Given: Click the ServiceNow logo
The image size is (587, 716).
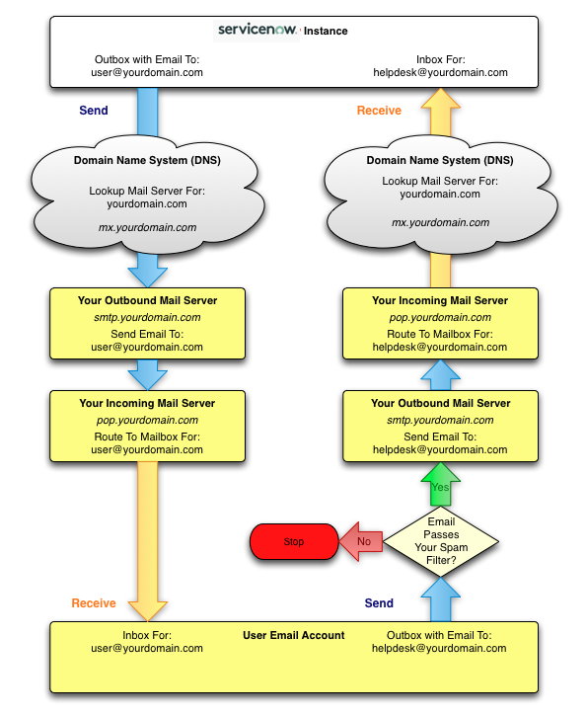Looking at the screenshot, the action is pyautogui.click(x=257, y=31).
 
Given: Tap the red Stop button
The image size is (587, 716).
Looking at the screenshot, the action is pyautogui.click(x=294, y=541).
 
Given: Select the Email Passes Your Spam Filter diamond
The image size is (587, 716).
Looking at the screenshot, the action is pyautogui.click(x=441, y=541).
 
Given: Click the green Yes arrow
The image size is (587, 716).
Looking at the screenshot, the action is pyautogui.click(x=441, y=484).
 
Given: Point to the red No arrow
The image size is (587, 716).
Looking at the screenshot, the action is pyautogui.click(x=361, y=541).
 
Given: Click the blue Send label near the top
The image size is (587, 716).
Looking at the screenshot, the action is pyautogui.click(x=94, y=111).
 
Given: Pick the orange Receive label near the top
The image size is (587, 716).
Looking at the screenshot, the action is pyautogui.click(x=379, y=111).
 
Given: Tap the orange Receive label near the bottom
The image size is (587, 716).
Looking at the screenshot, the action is pyautogui.click(x=94, y=603).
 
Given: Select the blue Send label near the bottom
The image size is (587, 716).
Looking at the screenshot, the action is pyautogui.click(x=379, y=603).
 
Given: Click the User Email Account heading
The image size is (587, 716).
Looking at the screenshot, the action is pyautogui.click(x=294, y=635).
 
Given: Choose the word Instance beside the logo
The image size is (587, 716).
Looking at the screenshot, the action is pyautogui.click(x=326, y=31).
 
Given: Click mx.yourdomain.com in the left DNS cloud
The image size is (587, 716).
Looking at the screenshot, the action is pyautogui.click(x=147, y=227).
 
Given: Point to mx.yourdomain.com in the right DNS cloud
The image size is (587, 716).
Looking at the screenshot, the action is pyautogui.click(x=441, y=222).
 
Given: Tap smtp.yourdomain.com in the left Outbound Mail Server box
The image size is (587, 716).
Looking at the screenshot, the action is pyautogui.click(x=147, y=317).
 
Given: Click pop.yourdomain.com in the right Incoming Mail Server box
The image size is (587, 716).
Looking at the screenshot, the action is pyautogui.click(x=440, y=317).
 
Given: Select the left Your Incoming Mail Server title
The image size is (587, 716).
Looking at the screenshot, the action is pyautogui.click(x=147, y=403).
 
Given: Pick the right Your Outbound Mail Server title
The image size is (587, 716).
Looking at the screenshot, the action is pyautogui.click(x=441, y=403).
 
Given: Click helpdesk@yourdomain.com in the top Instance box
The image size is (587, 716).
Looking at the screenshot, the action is pyautogui.click(x=441, y=73).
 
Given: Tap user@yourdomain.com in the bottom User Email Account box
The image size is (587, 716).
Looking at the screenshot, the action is pyautogui.click(x=147, y=649).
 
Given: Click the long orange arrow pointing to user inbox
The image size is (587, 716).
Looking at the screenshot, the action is pyautogui.click(x=147, y=541).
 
